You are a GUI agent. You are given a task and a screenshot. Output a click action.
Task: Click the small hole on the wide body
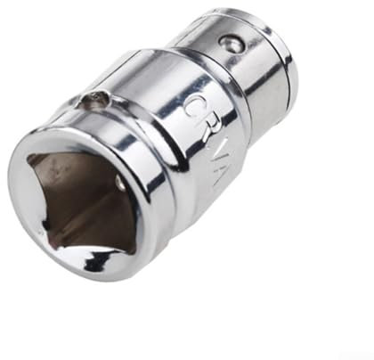coord(93,102)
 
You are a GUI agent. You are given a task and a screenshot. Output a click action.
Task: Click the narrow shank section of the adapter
coord(254,71)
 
